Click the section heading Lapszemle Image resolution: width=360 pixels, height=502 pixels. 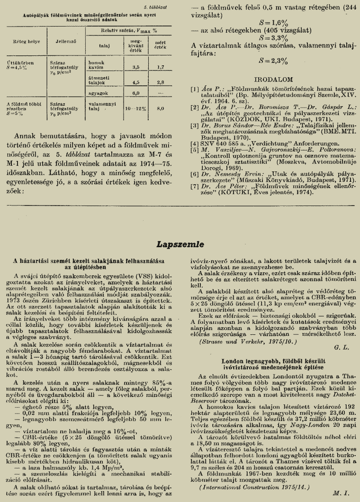[x=180, y=244]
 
